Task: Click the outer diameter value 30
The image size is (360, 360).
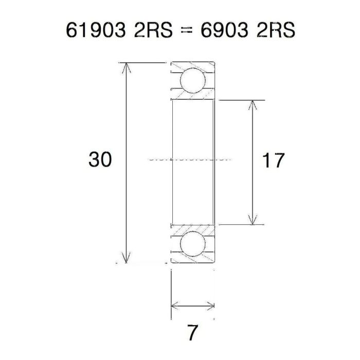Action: click(x=100, y=160)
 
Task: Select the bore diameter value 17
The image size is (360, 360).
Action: click(x=273, y=161)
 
